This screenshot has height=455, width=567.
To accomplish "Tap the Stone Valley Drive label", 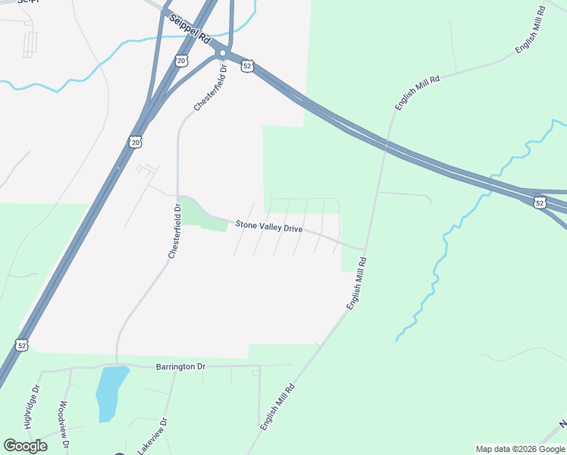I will point(268,226).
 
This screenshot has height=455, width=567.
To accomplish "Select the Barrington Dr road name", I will point(180,366).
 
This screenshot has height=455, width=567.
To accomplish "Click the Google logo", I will point(25,445).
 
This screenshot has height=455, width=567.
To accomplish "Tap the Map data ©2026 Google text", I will point(520,449).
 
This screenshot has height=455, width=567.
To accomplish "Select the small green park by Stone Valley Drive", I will point(204,217).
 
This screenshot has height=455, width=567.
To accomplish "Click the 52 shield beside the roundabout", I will point(248,67).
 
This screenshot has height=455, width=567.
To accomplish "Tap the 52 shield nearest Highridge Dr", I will point(23,345).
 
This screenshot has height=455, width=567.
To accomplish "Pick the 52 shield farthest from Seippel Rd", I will point(539,202).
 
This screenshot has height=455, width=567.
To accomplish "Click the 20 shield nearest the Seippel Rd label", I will point(180,61).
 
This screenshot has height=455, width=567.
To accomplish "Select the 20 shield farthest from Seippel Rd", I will point(135,142).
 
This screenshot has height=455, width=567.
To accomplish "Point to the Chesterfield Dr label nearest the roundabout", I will point(210,88).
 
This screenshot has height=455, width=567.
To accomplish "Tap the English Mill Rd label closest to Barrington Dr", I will point(277,407).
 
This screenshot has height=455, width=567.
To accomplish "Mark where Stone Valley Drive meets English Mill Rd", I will point(365,249).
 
